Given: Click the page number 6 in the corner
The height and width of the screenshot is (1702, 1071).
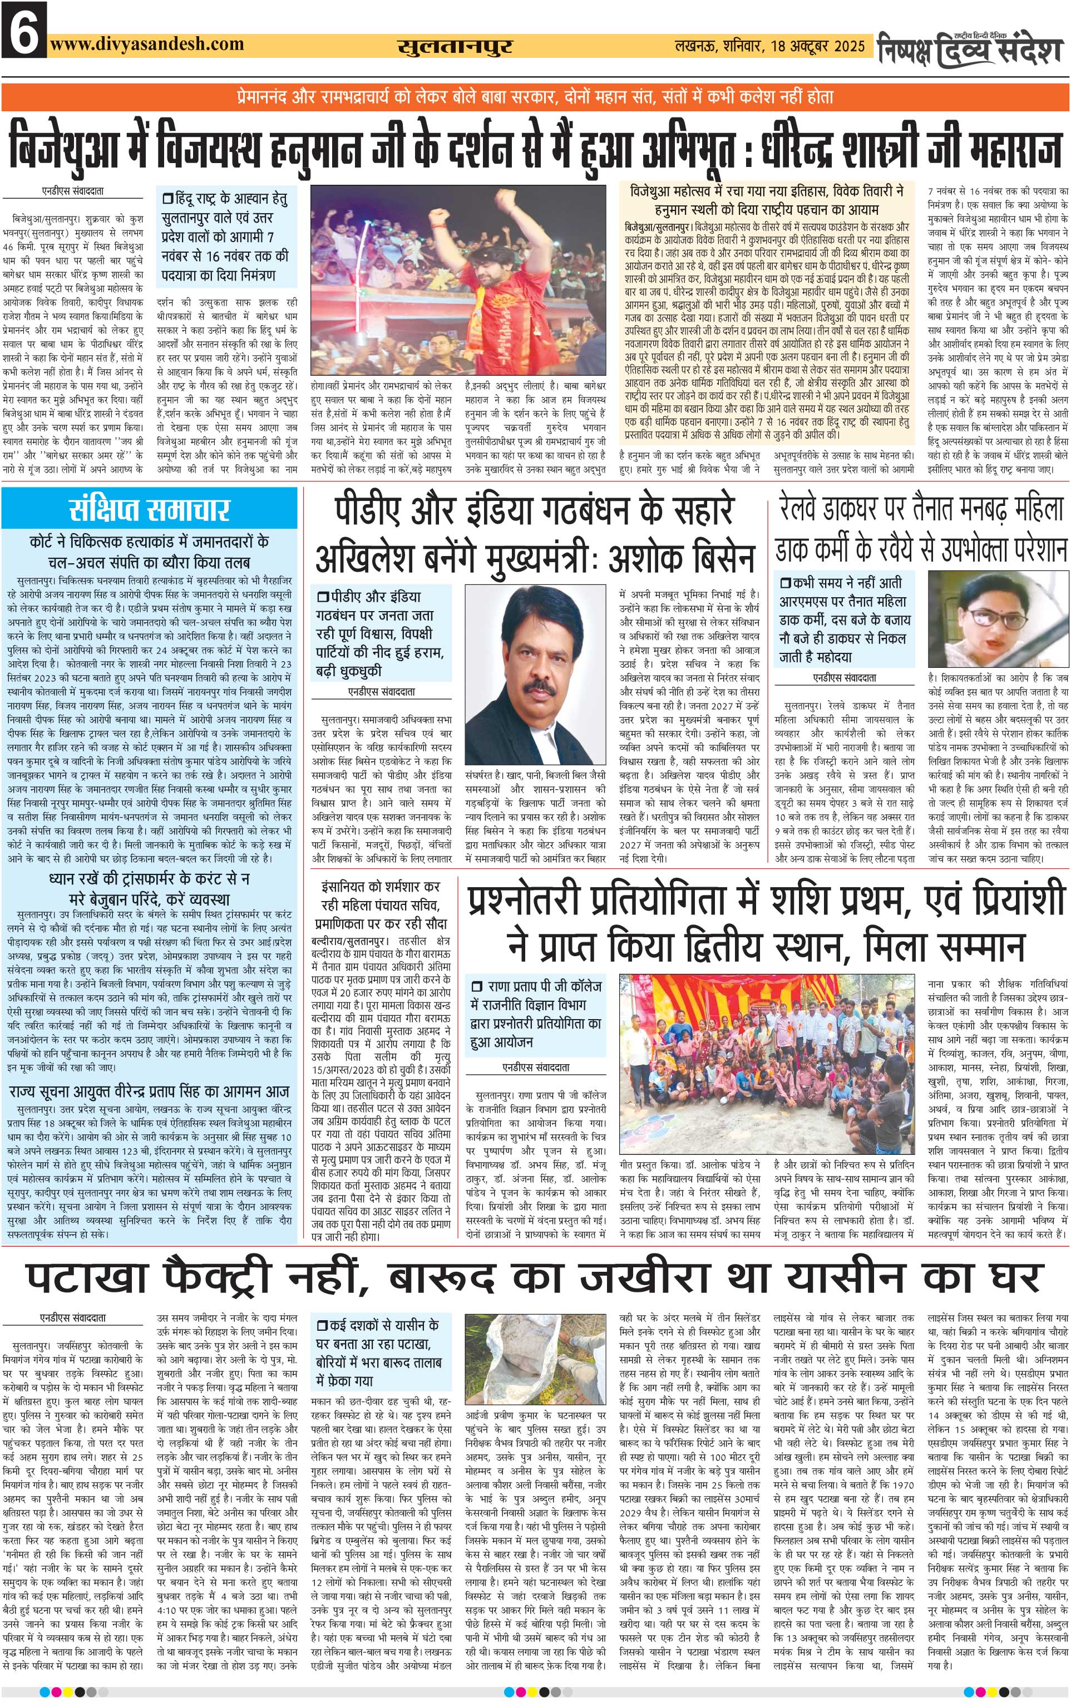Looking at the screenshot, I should (x=24, y=29).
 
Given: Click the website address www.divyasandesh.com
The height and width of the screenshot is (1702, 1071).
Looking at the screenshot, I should (x=147, y=44).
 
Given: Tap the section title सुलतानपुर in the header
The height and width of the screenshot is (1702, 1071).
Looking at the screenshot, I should (x=454, y=47).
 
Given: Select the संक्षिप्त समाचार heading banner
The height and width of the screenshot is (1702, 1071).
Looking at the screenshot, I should (x=149, y=509).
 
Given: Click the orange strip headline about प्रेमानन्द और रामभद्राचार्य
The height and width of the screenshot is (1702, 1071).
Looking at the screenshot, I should (x=535, y=97).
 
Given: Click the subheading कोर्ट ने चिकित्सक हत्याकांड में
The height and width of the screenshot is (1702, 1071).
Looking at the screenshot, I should (x=149, y=542).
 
